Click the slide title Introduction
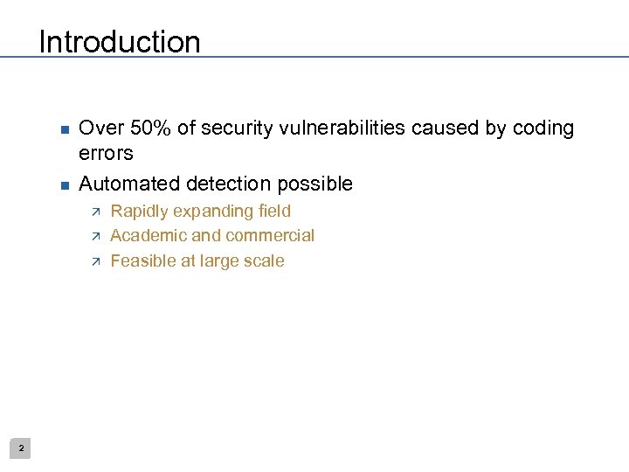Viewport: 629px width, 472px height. point(120,42)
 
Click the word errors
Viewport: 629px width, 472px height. point(106,153)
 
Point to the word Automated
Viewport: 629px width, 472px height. point(128,184)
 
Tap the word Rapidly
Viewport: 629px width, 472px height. point(139,212)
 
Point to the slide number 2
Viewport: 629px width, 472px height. point(22,448)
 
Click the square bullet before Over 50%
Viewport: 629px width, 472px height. point(63,130)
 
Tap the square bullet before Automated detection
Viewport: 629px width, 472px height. point(63,185)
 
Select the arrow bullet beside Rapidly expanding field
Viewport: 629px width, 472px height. point(96,212)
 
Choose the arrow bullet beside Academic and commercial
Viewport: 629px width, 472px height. point(96,236)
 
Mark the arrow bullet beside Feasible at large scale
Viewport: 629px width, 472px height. point(96,261)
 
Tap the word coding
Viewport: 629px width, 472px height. point(543,128)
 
